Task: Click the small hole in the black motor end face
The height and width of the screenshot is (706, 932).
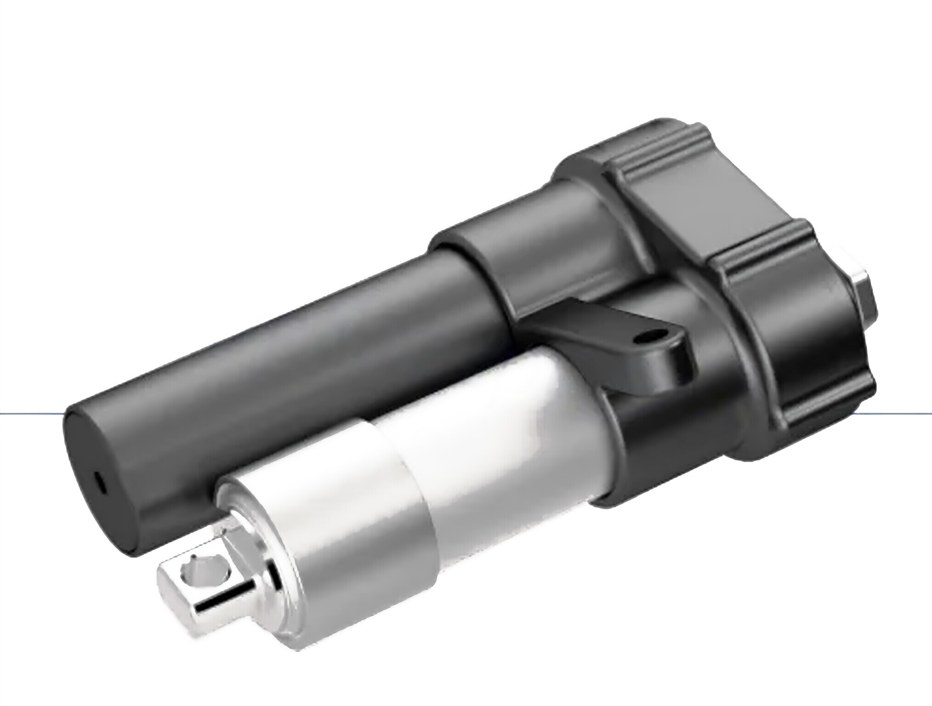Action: [x=100, y=483]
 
